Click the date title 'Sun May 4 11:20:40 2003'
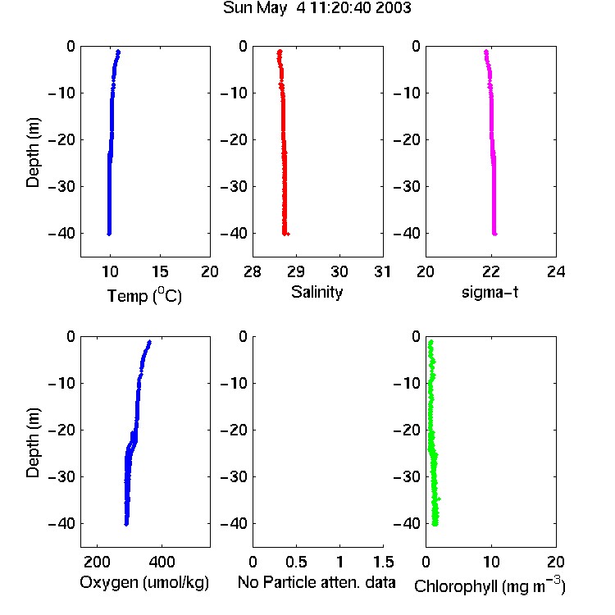(317, 8)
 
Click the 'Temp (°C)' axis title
(144, 295)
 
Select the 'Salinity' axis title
(317, 292)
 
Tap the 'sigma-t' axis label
(490, 292)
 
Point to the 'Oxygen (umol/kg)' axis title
(144, 582)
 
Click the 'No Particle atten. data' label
(317, 582)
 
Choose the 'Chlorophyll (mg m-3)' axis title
(490, 585)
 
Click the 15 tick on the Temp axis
(160, 271)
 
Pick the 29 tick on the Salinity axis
(296, 271)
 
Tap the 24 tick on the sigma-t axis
(556, 271)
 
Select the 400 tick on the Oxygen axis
(162, 562)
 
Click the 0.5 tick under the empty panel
(296, 562)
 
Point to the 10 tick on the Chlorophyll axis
(491, 562)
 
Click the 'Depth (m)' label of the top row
(33, 153)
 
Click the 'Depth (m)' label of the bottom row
(33, 443)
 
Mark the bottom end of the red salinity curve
(285, 235)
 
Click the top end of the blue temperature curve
(118, 52)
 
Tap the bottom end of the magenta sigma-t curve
(494, 235)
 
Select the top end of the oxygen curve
(149, 342)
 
